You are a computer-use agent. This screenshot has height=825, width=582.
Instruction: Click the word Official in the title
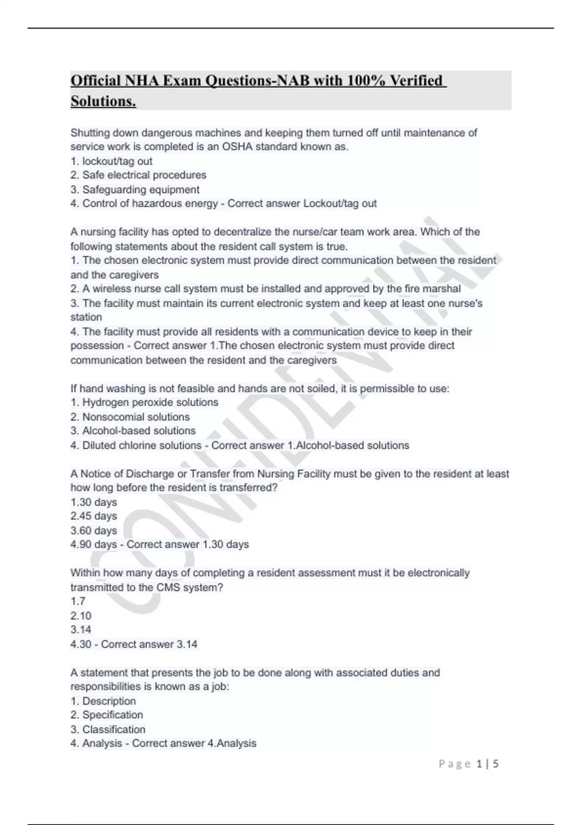tap(95, 81)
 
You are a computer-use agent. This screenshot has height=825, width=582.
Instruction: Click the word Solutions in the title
tap(103, 101)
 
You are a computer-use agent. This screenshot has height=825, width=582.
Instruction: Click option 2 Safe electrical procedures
tap(138, 175)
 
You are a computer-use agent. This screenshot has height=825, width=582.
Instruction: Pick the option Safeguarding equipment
tap(135, 189)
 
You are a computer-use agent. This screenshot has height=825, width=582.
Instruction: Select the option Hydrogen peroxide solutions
tap(144, 402)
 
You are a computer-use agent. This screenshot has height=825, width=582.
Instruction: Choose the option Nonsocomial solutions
tap(130, 417)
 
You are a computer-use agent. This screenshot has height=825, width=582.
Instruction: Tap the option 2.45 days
tap(94, 516)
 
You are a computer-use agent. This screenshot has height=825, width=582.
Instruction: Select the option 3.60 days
tap(94, 530)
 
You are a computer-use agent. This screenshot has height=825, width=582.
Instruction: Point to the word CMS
tap(168, 587)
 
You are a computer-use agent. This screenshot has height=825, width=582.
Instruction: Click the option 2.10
tap(81, 615)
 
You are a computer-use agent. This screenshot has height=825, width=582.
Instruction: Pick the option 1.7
tap(78, 601)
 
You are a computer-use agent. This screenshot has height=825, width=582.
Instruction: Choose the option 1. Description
tap(103, 701)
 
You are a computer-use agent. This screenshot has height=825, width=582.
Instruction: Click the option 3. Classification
tap(108, 729)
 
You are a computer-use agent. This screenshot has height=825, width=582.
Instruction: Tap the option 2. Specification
tap(107, 715)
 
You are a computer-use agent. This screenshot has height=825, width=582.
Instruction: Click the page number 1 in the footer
tap(479, 764)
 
